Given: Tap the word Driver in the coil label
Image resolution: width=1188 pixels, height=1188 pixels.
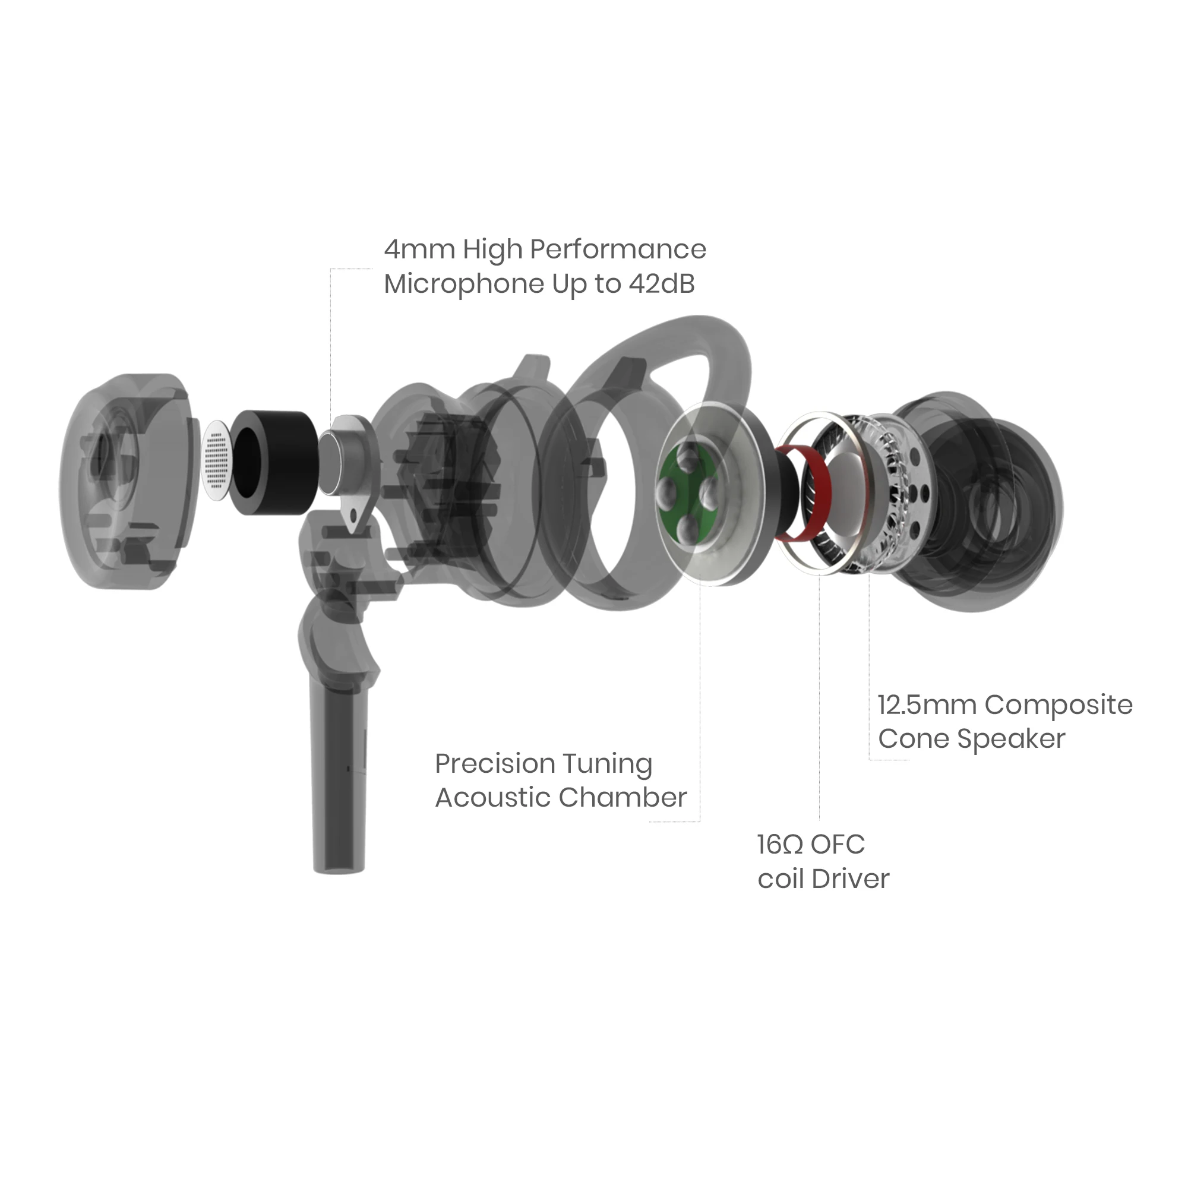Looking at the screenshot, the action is [851, 879].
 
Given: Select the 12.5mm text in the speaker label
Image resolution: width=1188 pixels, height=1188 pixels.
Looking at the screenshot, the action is [927, 705].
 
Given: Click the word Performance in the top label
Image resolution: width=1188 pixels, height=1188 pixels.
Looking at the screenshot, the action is [618, 249].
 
